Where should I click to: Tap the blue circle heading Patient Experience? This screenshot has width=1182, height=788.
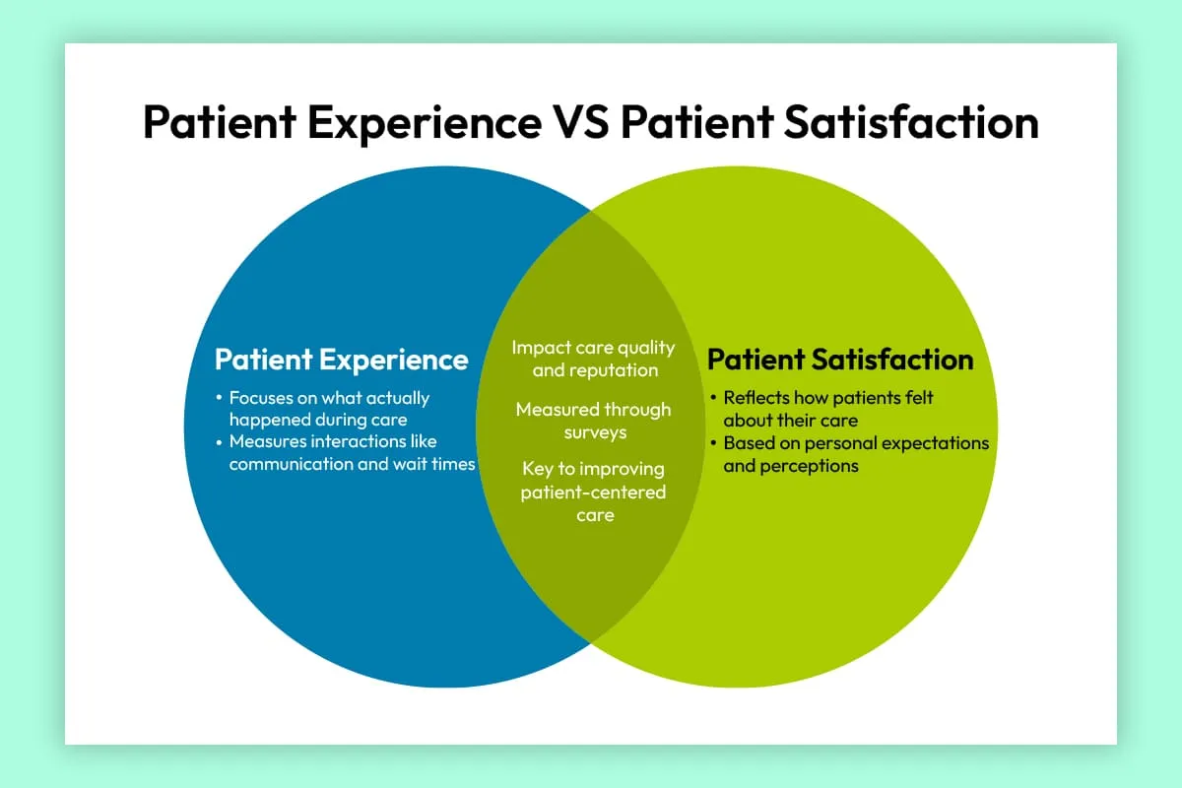[341, 360]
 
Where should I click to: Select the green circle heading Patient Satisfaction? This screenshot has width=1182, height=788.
[840, 360]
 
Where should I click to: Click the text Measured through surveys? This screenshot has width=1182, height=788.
[594, 421]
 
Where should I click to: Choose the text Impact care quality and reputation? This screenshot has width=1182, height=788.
[594, 360]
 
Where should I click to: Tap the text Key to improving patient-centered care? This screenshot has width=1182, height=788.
[594, 492]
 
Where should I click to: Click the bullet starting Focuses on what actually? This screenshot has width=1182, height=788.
[328, 409]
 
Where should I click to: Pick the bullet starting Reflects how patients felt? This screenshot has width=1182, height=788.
[827, 409]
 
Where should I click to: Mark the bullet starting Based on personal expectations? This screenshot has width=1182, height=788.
[855, 454]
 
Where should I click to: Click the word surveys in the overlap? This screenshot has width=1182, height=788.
[595, 432]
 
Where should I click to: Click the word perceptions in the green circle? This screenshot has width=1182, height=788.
[790, 466]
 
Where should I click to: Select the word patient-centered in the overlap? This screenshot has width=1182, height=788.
[593, 492]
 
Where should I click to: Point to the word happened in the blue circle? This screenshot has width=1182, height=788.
[266, 420]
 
